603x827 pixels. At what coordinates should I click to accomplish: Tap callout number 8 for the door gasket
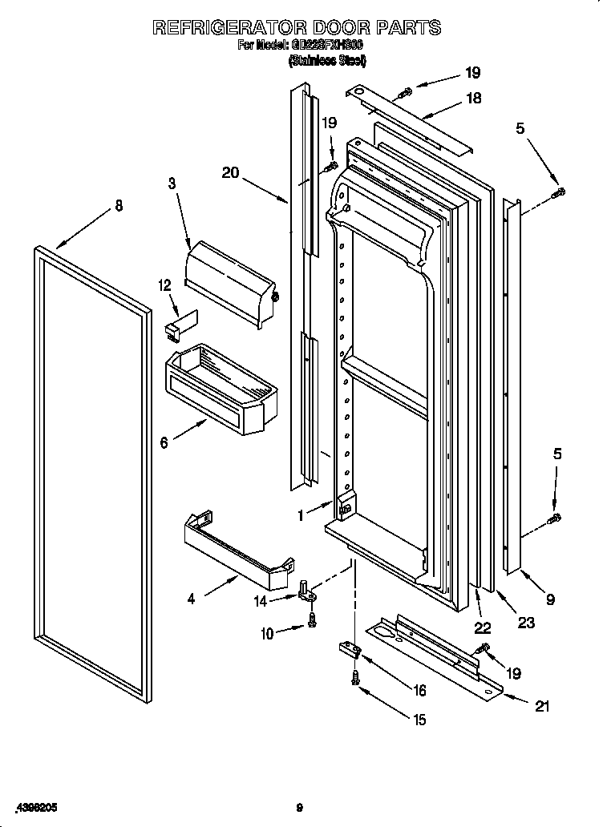(119, 205)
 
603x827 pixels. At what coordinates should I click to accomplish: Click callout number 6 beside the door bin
(164, 442)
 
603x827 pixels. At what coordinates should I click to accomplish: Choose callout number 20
(231, 171)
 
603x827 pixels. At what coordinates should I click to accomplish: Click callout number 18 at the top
(473, 98)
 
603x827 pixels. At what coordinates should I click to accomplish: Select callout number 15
(419, 720)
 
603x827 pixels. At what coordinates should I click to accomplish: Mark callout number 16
(419, 690)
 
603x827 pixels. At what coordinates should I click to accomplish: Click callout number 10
(266, 633)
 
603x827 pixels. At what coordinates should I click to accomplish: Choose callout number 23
(526, 623)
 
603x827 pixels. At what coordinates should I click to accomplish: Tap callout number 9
(550, 597)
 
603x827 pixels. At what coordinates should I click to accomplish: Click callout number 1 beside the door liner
(301, 517)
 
